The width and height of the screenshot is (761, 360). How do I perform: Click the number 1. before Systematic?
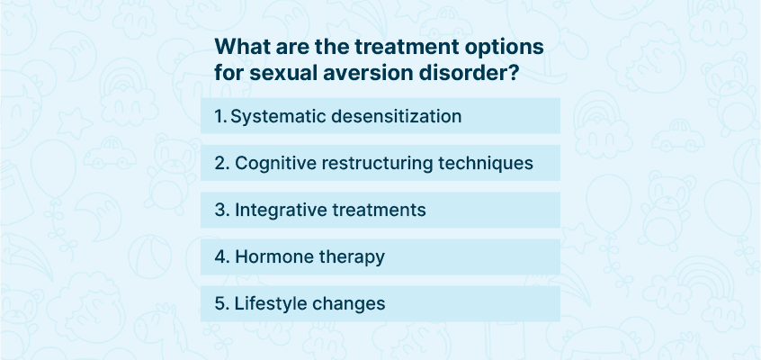[220, 117]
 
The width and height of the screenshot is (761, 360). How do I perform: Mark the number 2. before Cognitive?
[222, 164]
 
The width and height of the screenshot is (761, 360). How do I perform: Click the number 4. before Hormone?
[222, 257]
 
